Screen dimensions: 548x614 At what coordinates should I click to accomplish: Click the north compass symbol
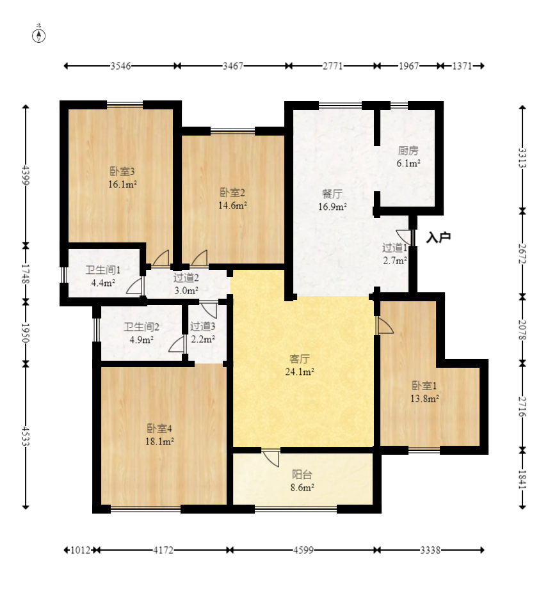pyautogui.click(x=38, y=36)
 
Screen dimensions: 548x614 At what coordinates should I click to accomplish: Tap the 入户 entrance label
pyautogui.click(x=439, y=237)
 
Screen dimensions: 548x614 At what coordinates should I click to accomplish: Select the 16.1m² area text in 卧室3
pyautogui.click(x=122, y=184)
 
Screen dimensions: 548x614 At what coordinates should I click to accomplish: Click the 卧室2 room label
pyautogui.click(x=232, y=193)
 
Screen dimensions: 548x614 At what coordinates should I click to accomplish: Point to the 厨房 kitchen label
pyautogui.click(x=408, y=150)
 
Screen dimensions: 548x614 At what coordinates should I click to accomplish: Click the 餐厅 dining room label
pyautogui.click(x=332, y=193)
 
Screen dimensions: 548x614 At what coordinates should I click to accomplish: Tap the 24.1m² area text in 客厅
pyautogui.click(x=300, y=372)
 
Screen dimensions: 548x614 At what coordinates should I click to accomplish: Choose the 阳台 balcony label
pyautogui.click(x=302, y=475)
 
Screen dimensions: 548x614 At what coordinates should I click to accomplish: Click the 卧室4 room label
pyautogui.click(x=159, y=429)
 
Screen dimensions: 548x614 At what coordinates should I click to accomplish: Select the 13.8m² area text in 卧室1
pyautogui.click(x=424, y=398)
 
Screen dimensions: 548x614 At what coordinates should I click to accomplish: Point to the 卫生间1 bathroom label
pyautogui.click(x=103, y=270)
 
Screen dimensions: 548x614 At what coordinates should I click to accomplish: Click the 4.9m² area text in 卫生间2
pyautogui.click(x=141, y=340)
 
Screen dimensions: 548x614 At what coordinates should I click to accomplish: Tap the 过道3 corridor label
pyautogui.click(x=203, y=326)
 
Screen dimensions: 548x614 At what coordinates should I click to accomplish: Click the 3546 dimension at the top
pyautogui.click(x=120, y=66)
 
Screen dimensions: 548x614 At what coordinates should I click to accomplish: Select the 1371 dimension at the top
pyautogui.click(x=462, y=66)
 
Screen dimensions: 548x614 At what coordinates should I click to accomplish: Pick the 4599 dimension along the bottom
pyautogui.click(x=303, y=550)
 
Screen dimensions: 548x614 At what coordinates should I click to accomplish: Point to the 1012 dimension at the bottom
pyautogui.click(x=81, y=550)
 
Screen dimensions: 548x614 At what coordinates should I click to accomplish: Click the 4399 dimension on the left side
pyautogui.click(x=26, y=175)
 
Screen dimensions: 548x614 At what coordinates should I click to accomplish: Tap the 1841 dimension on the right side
pyautogui.click(x=522, y=479)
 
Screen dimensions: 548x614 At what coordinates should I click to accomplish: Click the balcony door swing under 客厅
pyautogui.click(x=271, y=458)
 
